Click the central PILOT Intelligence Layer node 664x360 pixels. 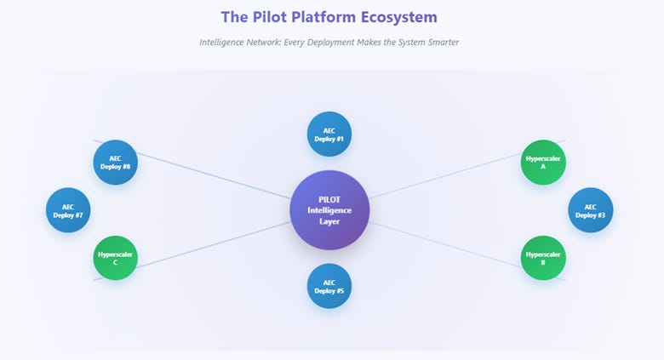[x=329, y=210]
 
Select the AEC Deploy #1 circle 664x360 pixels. [x=329, y=134]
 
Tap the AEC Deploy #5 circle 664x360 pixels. [x=329, y=286]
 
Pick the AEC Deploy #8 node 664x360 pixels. [x=115, y=163]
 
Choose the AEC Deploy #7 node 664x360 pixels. [x=68, y=210]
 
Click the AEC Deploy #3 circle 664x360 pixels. [x=590, y=210]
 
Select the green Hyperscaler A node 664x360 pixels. [x=543, y=163]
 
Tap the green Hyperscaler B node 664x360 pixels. [x=543, y=258]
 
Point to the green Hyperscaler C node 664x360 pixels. [x=115, y=258]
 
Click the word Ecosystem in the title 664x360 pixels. [x=399, y=17]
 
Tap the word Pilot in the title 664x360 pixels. [x=268, y=17]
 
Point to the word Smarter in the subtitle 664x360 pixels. [x=444, y=43]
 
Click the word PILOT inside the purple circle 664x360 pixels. [x=329, y=199]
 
